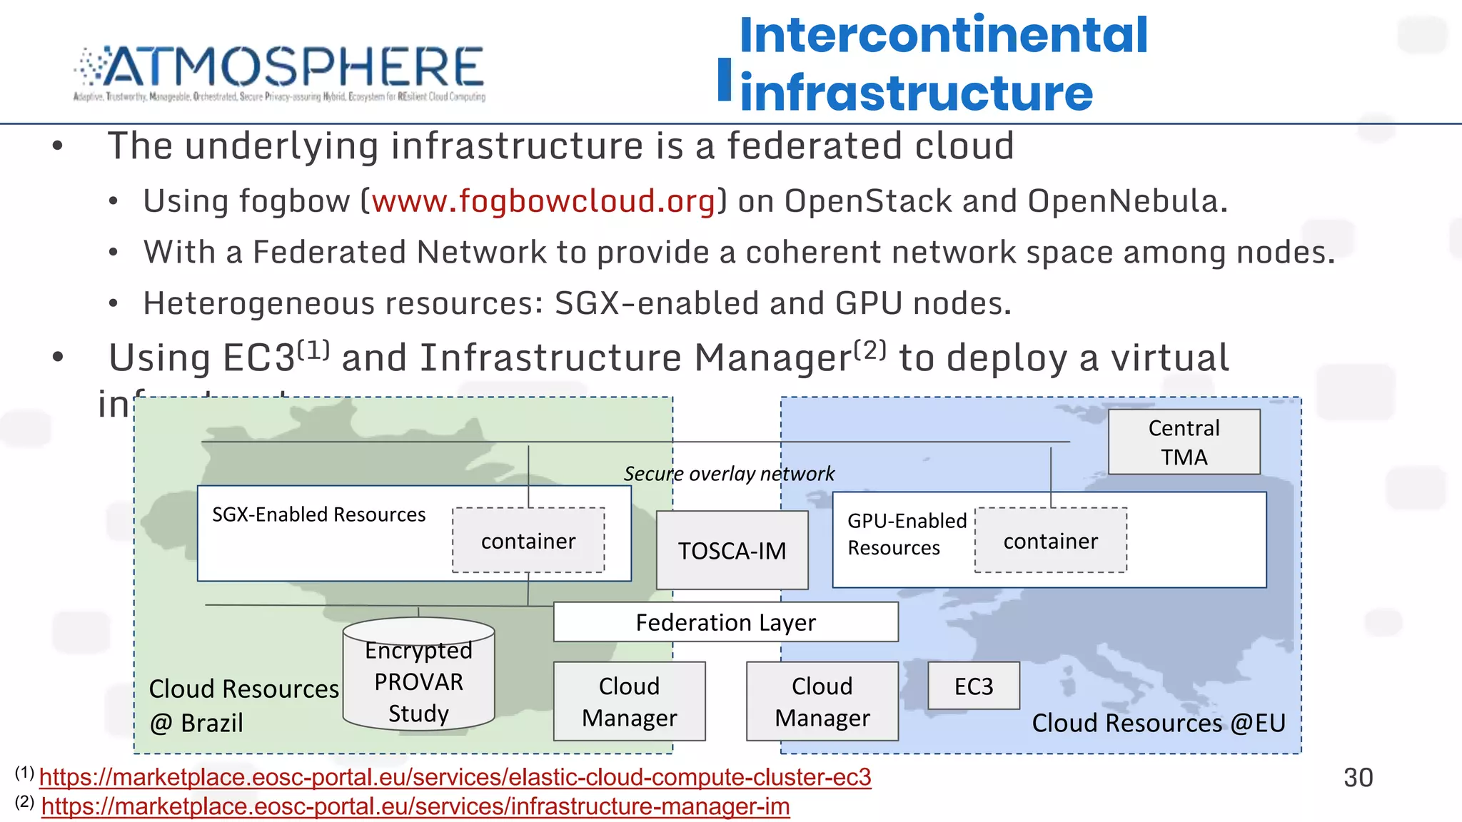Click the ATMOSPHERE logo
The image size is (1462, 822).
[x=280, y=71]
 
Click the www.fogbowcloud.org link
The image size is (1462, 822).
[x=543, y=201]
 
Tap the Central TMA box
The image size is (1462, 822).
[x=1184, y=442]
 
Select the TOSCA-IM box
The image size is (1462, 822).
[x=732, y=550]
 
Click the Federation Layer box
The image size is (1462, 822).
[x=725, y=622]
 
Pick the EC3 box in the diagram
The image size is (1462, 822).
[x=974, y=686]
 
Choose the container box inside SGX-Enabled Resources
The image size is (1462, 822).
[x=528, y=541]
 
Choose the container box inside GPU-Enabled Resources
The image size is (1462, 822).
[x=1050, y=541]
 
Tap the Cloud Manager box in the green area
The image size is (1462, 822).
[x=629, y=701]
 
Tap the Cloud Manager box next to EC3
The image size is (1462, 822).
[x=822, y=701]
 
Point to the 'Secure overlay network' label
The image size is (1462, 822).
[x=729, y=474]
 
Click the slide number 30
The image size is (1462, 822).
[x=1358, y=777]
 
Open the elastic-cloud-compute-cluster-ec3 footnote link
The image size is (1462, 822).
[x=455, y=777]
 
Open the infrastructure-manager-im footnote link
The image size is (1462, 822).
[x=415, y=806]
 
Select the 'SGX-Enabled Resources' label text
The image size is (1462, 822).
[x=318, y=514]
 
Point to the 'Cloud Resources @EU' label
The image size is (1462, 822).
[x=1158, y=723]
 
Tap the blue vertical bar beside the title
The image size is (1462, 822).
[x=725, y=79]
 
